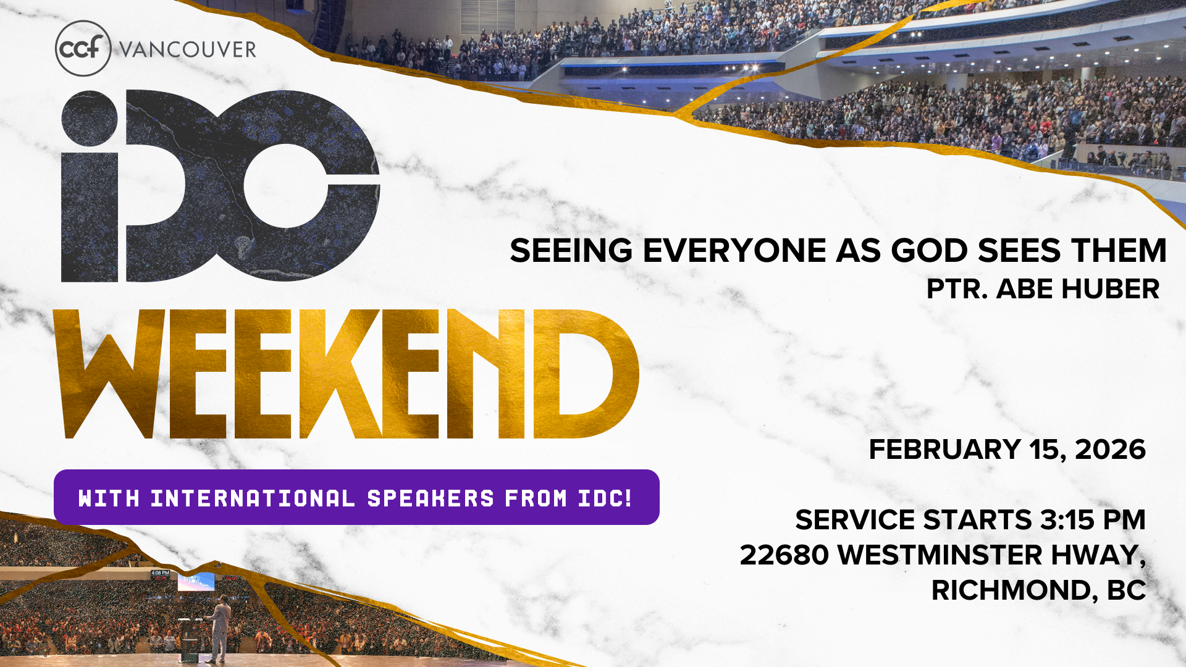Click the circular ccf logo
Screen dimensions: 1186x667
pos(83,48)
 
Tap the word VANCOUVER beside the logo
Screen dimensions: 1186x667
pos(187,49)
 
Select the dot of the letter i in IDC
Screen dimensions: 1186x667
pos(90,118)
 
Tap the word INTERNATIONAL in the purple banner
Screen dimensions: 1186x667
pos(253,498)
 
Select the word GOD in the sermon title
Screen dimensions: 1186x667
pos(929,251)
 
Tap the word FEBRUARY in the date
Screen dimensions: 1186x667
pos(945,450)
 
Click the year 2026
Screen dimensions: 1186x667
pos(1111,450)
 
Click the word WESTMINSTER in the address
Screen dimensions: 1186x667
pos(940,555)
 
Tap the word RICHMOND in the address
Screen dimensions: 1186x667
pos(1011,590)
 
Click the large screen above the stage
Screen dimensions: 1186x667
pos(196,581)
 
